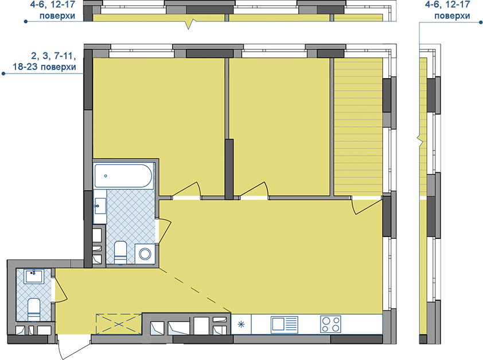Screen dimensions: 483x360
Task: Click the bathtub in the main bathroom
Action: pos(123,176)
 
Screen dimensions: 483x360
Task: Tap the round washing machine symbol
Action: pos(145,254)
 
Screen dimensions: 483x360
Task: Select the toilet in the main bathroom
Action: pos(120,253)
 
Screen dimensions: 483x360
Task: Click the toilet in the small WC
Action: pos(34,309)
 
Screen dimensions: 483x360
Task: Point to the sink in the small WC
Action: pos(34,276)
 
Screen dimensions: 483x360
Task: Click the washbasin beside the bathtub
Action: pos(100,206)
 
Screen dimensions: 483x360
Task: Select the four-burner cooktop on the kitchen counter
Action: pos(330,324)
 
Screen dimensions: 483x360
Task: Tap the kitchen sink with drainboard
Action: pos(285,324)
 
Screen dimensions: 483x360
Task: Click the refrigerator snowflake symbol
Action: pos(241,324)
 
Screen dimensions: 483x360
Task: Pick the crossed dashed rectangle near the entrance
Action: pos(119,324)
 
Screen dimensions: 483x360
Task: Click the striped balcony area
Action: pos(359,126)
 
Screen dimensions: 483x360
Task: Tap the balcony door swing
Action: pos(367,206)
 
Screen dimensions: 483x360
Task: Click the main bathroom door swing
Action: pos(164,230)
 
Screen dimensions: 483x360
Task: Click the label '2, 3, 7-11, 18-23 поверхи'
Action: pos(44,61)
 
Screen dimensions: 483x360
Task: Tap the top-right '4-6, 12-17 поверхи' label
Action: pos(452,10)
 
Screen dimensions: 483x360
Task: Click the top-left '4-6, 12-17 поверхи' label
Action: pos(57,10)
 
